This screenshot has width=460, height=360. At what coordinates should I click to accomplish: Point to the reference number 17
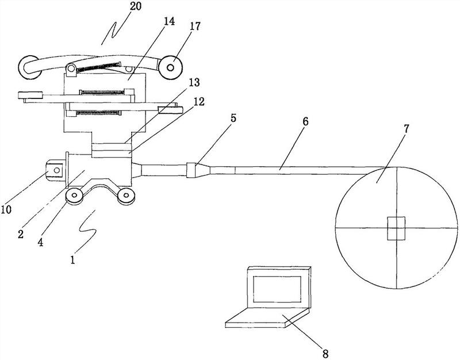[194, 26]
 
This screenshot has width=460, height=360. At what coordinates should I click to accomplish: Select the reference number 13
[193, 83]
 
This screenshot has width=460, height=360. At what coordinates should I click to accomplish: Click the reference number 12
[198, 102]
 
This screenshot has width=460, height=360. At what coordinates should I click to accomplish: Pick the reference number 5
[233, 118]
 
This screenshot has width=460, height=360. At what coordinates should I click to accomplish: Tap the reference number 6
[306, 121]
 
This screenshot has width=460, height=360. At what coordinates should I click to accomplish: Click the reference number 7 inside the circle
[405, 129]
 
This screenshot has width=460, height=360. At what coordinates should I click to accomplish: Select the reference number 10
[6, 209]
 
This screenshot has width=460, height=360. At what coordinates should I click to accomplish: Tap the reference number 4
[40, 242]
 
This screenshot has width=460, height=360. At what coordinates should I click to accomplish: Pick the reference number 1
[72, 260]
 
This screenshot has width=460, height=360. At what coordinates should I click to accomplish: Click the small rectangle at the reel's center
[396, 228]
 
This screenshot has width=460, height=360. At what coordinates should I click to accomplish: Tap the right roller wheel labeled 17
[170, 68]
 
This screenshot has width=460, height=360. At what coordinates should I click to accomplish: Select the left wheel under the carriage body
[74, 196]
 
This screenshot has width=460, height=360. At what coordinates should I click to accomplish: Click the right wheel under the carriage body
[126, 195]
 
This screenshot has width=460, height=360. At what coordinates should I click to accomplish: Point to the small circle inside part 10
[57, 170]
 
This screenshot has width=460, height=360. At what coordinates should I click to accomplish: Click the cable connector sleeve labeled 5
[191, 170]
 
